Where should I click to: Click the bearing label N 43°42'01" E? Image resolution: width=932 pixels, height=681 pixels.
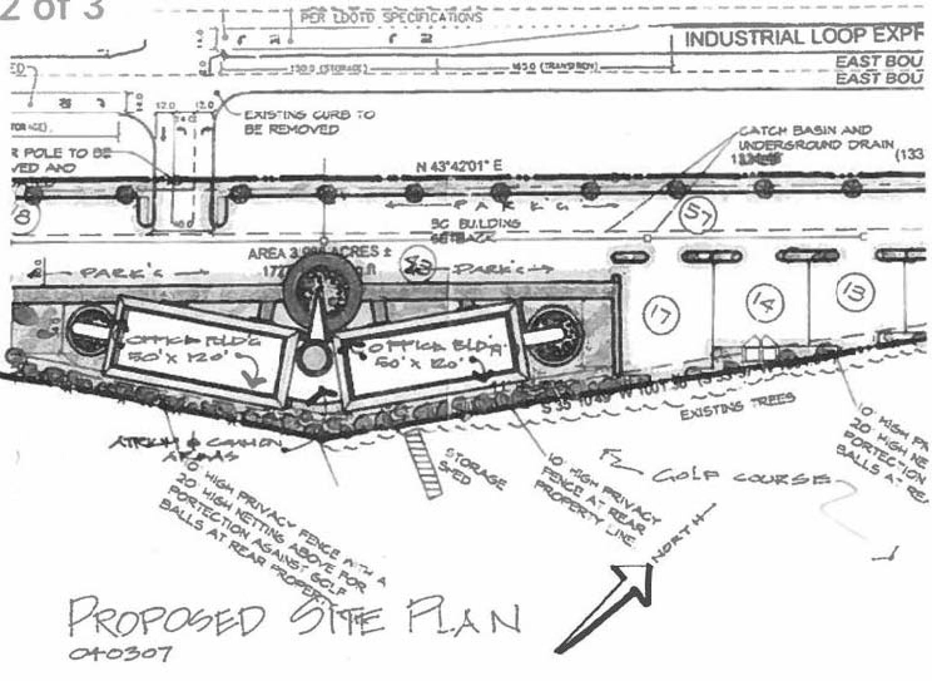tap(459, 167)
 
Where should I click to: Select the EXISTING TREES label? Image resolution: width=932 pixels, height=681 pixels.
tap(737, 406)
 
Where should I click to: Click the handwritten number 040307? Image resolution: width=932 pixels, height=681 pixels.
tap(120, 653)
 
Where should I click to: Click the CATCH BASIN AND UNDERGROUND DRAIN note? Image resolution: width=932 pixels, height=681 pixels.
tap(815, 138)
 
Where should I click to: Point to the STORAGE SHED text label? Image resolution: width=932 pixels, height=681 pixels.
tap(473, 468)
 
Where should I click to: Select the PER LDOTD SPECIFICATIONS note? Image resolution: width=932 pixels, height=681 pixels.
tap(391, 18)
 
